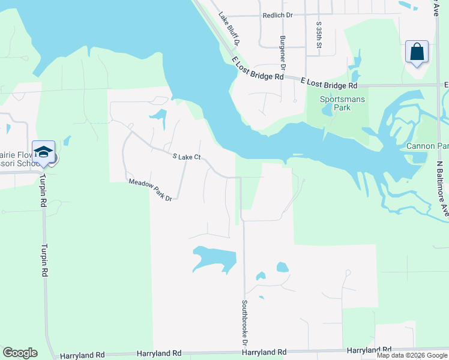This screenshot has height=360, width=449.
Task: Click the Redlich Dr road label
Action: pos(277,16)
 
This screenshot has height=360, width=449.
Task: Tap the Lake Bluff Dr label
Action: pos(229,29)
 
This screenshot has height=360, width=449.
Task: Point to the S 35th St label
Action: pos(319,35)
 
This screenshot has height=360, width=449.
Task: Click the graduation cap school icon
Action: pos(44,153)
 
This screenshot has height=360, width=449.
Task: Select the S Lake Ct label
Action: pos(185,157)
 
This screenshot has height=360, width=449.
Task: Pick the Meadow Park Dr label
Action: pos(150,190)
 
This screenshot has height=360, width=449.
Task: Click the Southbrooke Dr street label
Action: pos(245,322)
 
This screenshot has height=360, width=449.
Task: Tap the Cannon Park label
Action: pos(427,146)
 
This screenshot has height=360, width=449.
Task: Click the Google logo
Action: pos(20,353)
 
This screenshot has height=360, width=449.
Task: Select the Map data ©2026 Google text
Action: pos(412,355)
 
